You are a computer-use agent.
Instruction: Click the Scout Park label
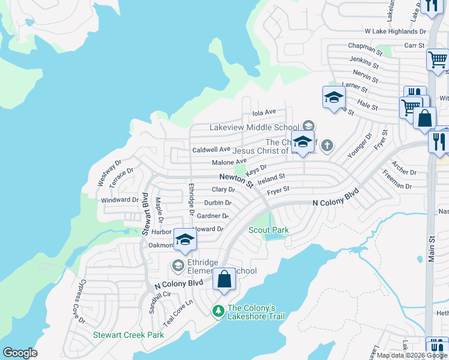[x=268, y=230]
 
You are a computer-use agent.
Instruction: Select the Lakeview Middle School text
[x=254, y=127]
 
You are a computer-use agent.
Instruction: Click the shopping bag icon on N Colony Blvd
[x=224, y=280]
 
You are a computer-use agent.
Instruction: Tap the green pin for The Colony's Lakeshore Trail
[x=218, y=310]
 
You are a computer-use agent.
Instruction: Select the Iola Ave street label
[x=264, y=112]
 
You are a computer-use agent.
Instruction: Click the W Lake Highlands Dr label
[x=395, y=31]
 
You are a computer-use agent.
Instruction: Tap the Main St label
[x=431, y=248]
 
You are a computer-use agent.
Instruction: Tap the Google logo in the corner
[x=20, y=353]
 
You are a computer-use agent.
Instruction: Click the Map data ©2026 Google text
[x=412, y=355]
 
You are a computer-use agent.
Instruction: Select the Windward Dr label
[x=119, y=200]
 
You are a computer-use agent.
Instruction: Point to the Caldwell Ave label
[x=211, y=149]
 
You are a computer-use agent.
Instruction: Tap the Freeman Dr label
[x=397, y=182]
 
